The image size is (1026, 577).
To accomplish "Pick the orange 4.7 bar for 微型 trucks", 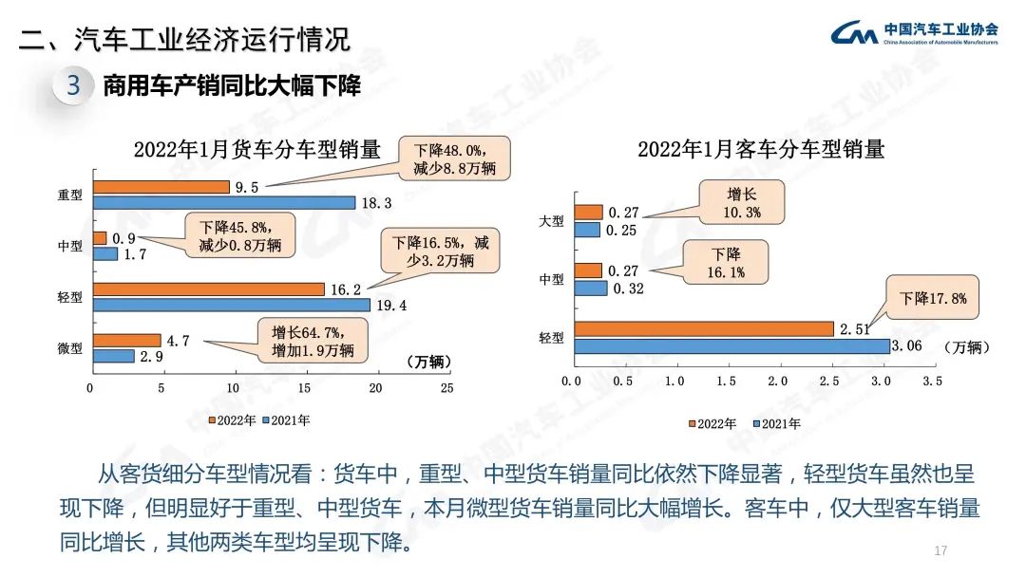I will coord(126,341).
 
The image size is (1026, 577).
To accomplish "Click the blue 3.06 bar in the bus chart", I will coord(731,346).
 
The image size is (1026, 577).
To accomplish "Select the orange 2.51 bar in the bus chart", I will coord(703,329).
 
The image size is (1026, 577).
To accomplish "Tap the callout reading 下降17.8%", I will coord(933,298).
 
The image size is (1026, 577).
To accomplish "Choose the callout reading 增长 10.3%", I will coord(743,203).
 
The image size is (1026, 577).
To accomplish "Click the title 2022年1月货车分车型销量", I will coord(256,149).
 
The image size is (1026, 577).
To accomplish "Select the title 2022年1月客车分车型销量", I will coord(761,149).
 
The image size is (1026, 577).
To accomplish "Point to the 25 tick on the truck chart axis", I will coord(446,388).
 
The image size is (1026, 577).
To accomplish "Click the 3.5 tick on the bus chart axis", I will coord(932,381).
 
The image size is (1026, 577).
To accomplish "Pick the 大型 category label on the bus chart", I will coord(551,221).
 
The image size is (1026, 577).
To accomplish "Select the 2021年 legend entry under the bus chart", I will coord(775,423).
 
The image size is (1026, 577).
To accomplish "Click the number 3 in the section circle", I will coord(74,86).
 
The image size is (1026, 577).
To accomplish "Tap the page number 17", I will coord(941,551).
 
